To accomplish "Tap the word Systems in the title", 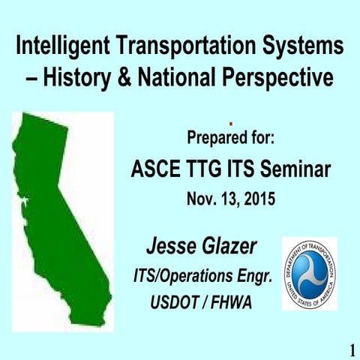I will (301, 47).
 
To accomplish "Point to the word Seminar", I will (295, 170).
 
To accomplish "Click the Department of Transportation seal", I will (309, 274).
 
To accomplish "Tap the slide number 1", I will (352, 349).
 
